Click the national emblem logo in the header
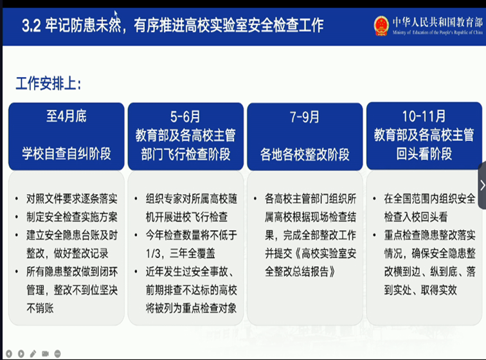click(381, 26)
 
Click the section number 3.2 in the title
click(31, 26)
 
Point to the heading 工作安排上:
click(48, 84)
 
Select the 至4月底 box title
click(66, 116)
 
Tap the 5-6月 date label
click(185, 117)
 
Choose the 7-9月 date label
click(305, 117)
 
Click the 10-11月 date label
click(424, 116)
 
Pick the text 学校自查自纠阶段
click(66, 154)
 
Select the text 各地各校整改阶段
click(305, 154)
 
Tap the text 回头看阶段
click(424, 154)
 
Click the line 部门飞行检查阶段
click(185, 154)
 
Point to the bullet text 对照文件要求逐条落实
click(72, 199)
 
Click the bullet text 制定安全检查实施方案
click(72, 217)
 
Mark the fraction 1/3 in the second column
click(154, 254)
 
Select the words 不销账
click(40, 308)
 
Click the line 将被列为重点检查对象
click(191, 308)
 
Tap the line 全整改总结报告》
click(300, 272)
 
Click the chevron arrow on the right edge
click(482, 185)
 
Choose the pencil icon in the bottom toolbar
click(33, 354)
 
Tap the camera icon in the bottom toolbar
click(45, 354)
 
